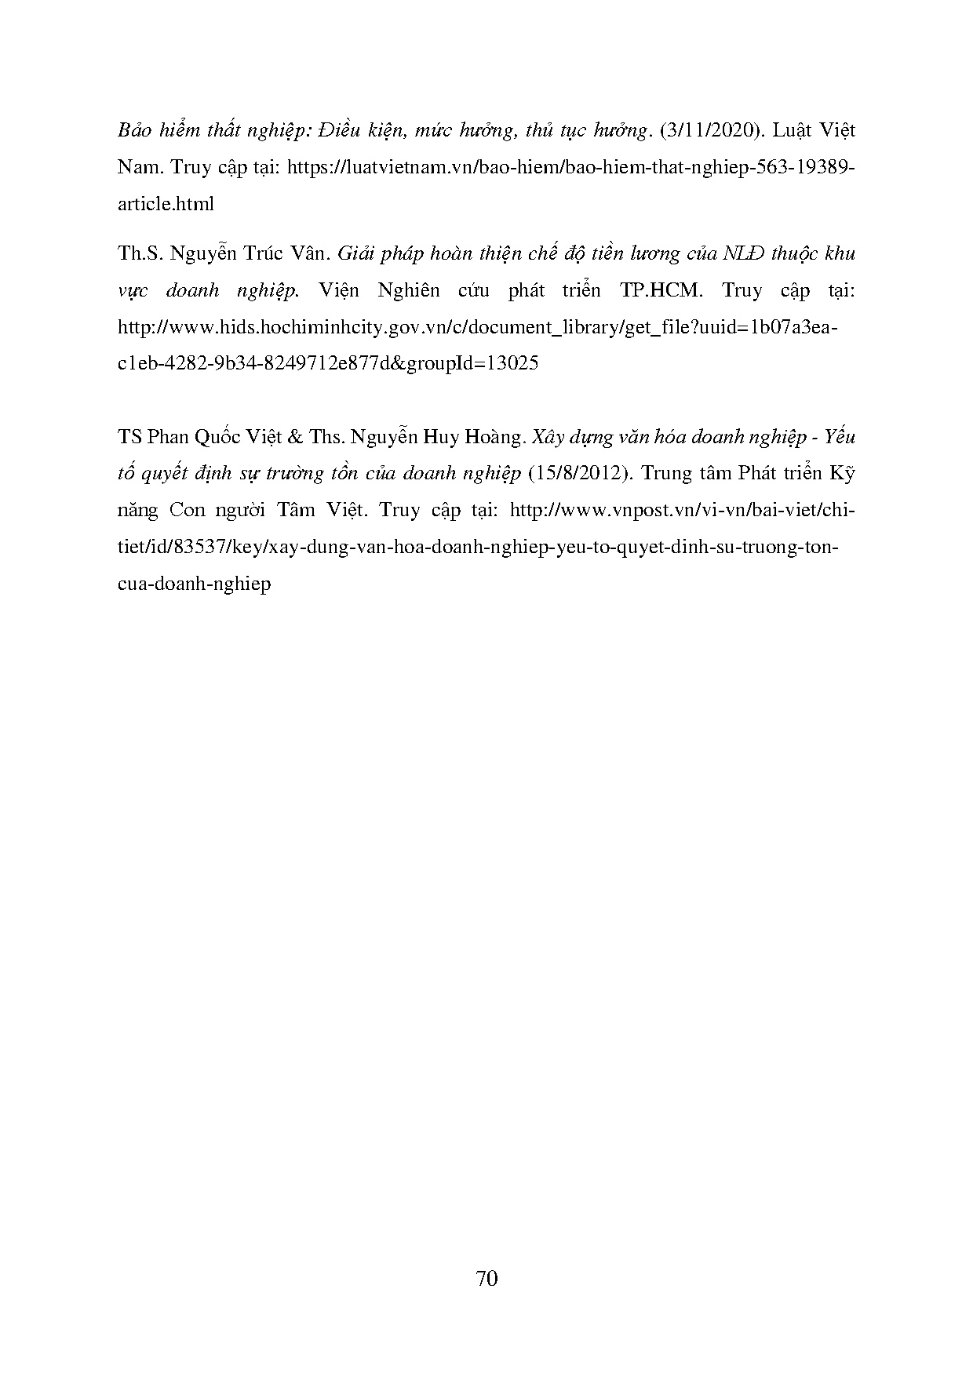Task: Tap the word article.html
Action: [166, 204]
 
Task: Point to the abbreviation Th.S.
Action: [138, 253]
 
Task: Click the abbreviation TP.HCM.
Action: [658, 290]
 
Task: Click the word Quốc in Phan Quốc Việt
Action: [213, 437]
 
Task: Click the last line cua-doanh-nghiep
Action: [194, 584]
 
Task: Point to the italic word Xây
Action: [548, 437]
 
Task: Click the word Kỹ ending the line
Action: [840, 473]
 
